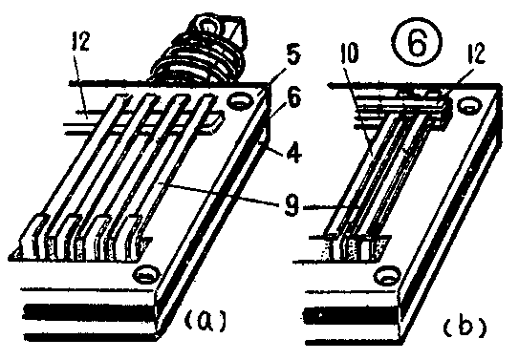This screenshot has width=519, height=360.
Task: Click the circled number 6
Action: (417, 42)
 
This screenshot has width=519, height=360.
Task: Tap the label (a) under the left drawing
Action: (205, 319)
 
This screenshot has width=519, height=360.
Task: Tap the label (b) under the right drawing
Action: (465, 325)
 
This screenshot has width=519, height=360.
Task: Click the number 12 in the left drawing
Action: (80, 41)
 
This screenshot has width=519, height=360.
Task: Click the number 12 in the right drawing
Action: (476, 53)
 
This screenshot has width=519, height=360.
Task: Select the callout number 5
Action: (293, 55)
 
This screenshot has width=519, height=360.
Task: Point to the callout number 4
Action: (294, 153)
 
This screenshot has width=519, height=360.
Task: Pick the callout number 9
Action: (291, 206)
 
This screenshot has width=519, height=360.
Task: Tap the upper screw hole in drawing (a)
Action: (240, 101)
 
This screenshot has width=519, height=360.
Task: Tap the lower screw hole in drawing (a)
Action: (146, 274)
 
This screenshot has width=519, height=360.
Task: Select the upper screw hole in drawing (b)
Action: (468, 106)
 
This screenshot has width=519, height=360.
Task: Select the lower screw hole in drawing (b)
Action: (387, 276)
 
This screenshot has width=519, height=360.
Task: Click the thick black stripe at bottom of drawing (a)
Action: (90, 312)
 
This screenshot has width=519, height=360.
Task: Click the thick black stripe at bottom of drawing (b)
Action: (351, 316)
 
